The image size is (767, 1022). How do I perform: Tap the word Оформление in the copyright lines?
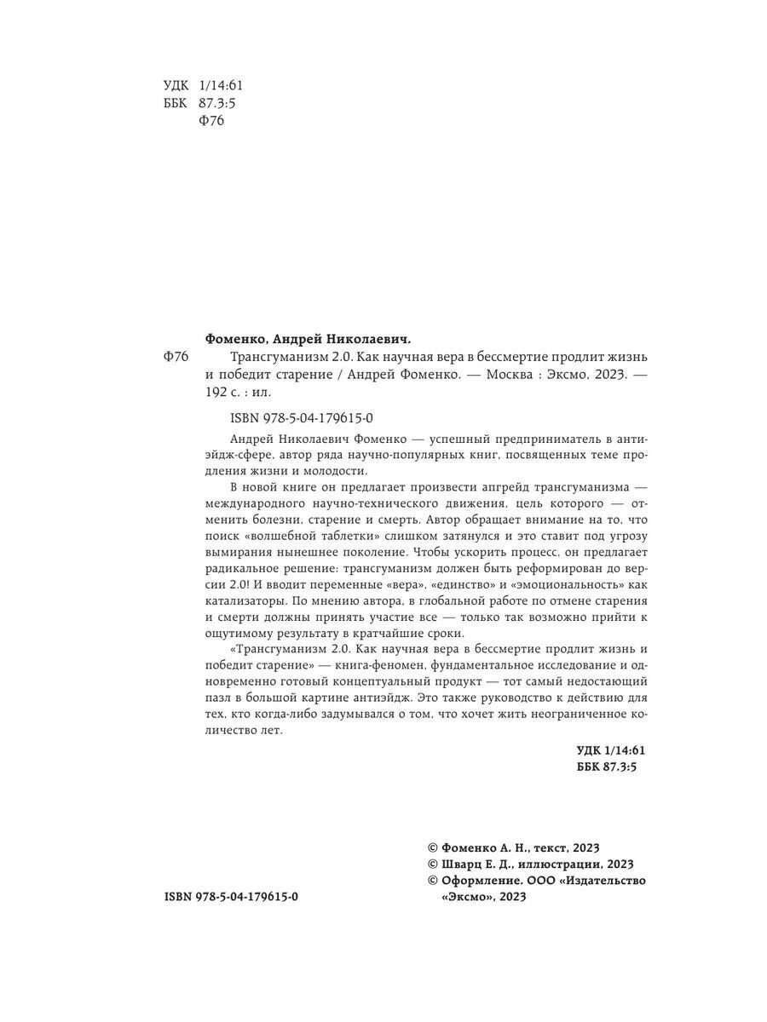pos(477,881)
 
